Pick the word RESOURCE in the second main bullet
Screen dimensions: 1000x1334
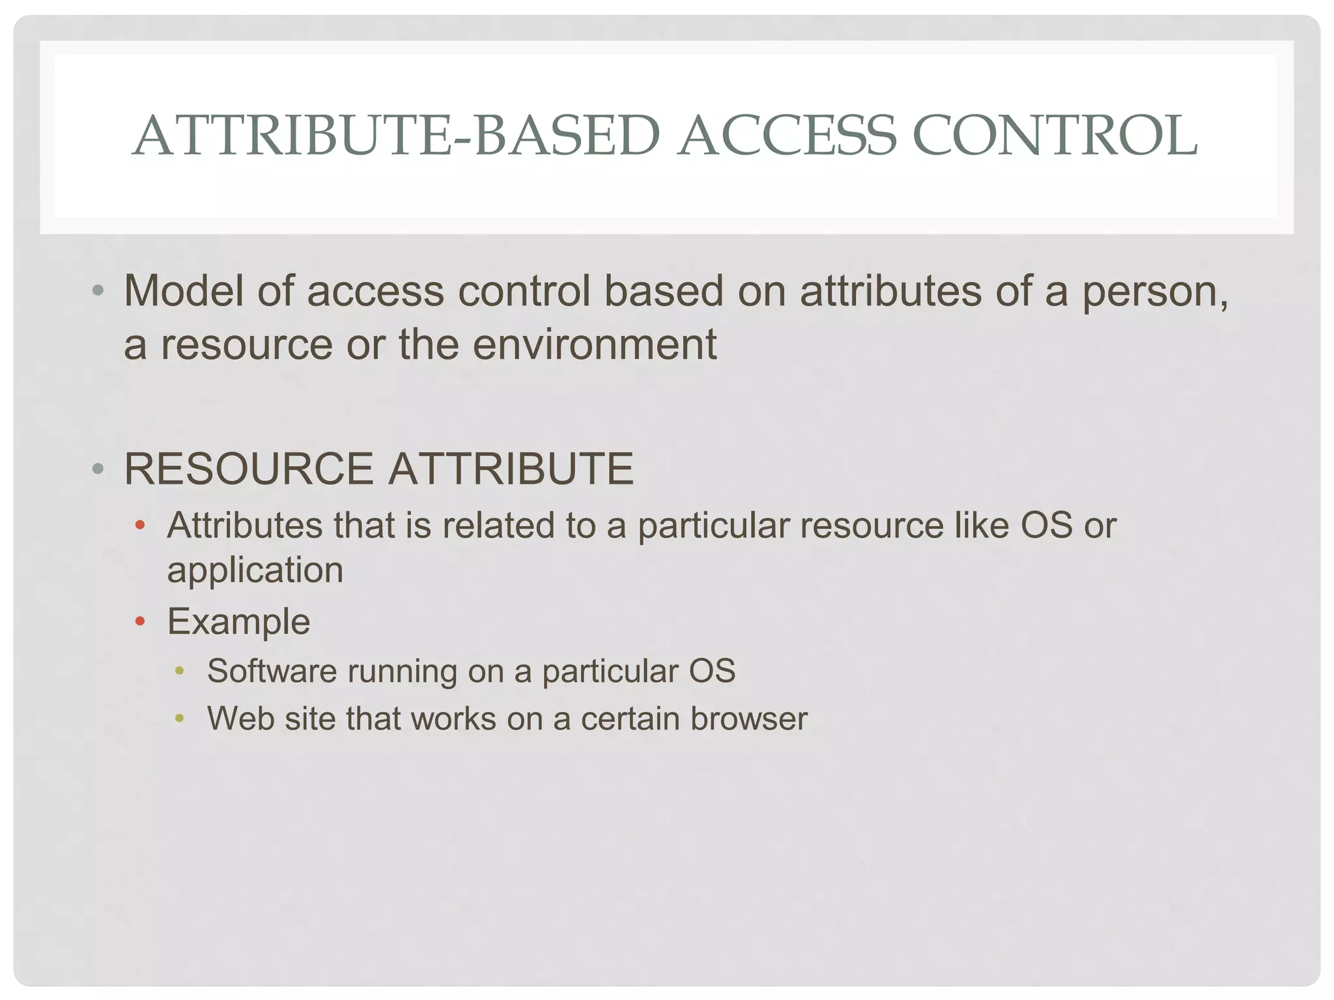[248, 469]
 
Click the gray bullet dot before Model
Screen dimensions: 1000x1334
[98, 290]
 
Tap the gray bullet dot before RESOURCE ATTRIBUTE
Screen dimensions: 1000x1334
[98, 469]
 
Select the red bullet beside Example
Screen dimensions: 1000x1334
[139, 622]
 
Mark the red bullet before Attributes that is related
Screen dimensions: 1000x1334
[139, 525]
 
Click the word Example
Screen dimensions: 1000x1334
[238, 622]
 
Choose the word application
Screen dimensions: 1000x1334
[255, 571]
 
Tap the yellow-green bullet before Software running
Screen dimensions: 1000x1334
[179, 671]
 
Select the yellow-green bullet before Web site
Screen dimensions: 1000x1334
[179, 719]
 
